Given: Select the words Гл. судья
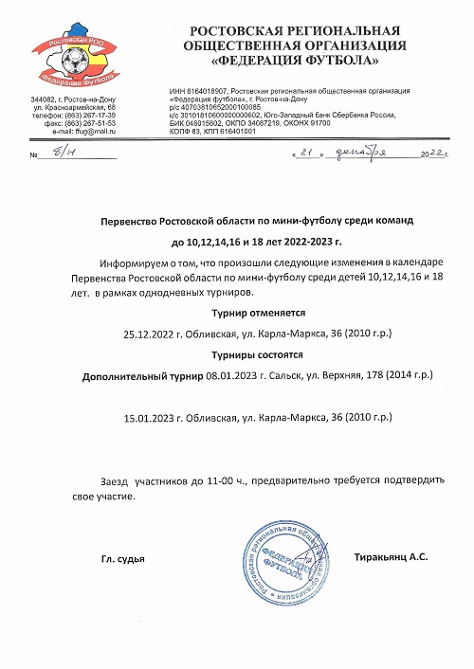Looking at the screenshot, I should pyautogui.click(x=123, y=560).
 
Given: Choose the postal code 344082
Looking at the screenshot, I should pyautogui.click(x=46, y=99).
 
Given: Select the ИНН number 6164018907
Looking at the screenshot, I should pyautogui.click(x=203, y=84).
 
